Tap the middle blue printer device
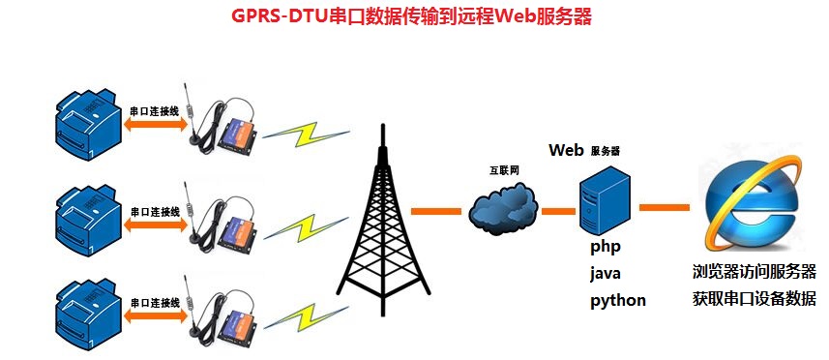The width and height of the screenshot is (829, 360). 88,215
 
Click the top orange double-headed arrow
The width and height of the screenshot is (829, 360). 155,126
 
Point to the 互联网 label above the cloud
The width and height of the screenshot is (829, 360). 504,170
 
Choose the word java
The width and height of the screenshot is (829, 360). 606,273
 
